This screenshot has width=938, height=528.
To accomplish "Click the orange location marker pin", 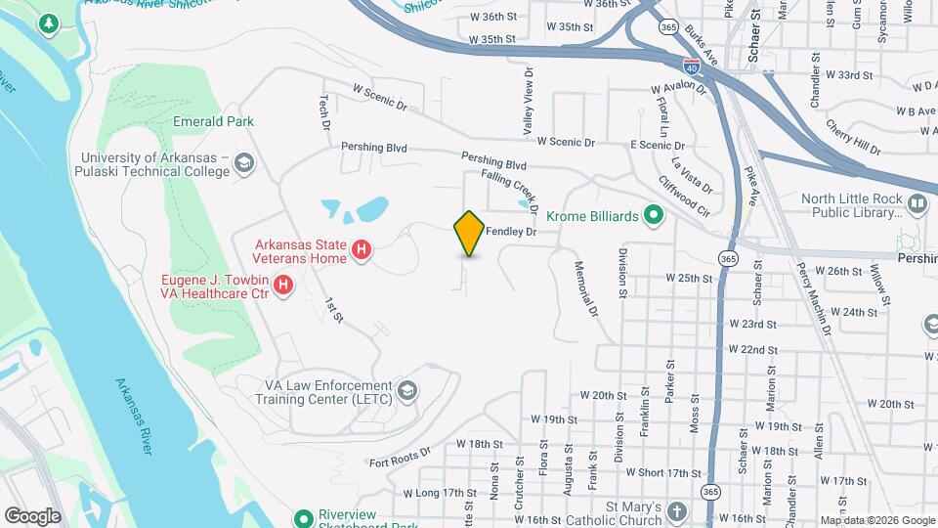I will (x=469, y=233).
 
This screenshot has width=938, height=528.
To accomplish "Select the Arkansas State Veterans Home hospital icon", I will (x=362, y=251).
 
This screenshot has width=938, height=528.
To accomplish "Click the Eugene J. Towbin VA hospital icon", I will (x=283, y=286).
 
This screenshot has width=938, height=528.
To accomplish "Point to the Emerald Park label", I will (x=213, y=122).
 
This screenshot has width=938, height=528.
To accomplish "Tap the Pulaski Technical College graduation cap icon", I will (x=244, y=163).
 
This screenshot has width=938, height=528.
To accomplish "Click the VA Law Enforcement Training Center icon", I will (x=407, y=393).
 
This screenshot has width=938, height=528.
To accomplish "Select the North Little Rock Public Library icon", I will (x=917, y=205).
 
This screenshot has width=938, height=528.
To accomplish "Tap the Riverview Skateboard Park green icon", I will (x=303, y=517).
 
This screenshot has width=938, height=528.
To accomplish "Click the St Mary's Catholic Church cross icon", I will (x=676, y=510).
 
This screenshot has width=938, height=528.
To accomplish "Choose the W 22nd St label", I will (x=751, y=349).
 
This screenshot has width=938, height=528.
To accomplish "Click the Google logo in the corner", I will (x=32, y=516).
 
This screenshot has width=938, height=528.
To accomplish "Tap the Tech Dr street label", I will (x=326, y=110).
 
